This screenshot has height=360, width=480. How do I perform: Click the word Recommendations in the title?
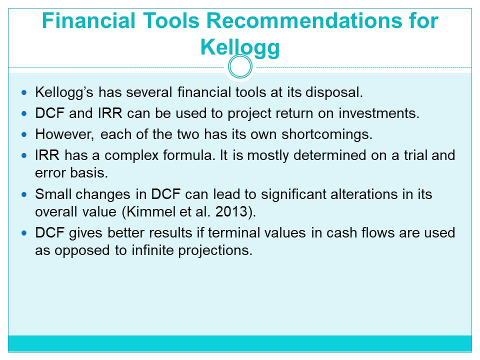coord(304,21)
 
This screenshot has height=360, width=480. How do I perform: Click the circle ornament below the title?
coord(240,66)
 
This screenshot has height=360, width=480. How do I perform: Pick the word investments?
coord(379,113)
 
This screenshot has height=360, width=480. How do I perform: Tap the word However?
coord(64,134)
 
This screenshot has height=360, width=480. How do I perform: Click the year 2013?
coord(231,212)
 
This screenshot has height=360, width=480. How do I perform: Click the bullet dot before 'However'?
coord(24,134)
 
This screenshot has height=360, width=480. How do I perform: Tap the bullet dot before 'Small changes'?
coord(24,194)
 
